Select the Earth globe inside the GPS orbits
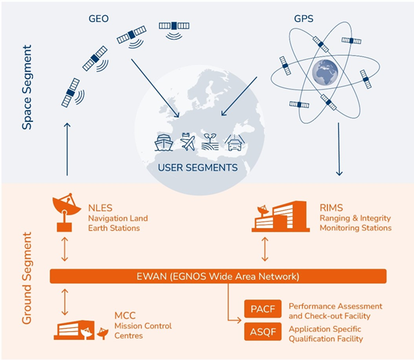click(x=327, y=72)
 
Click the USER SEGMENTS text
click(x=199, y=167)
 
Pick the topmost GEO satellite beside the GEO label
click(x=174, y=26)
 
